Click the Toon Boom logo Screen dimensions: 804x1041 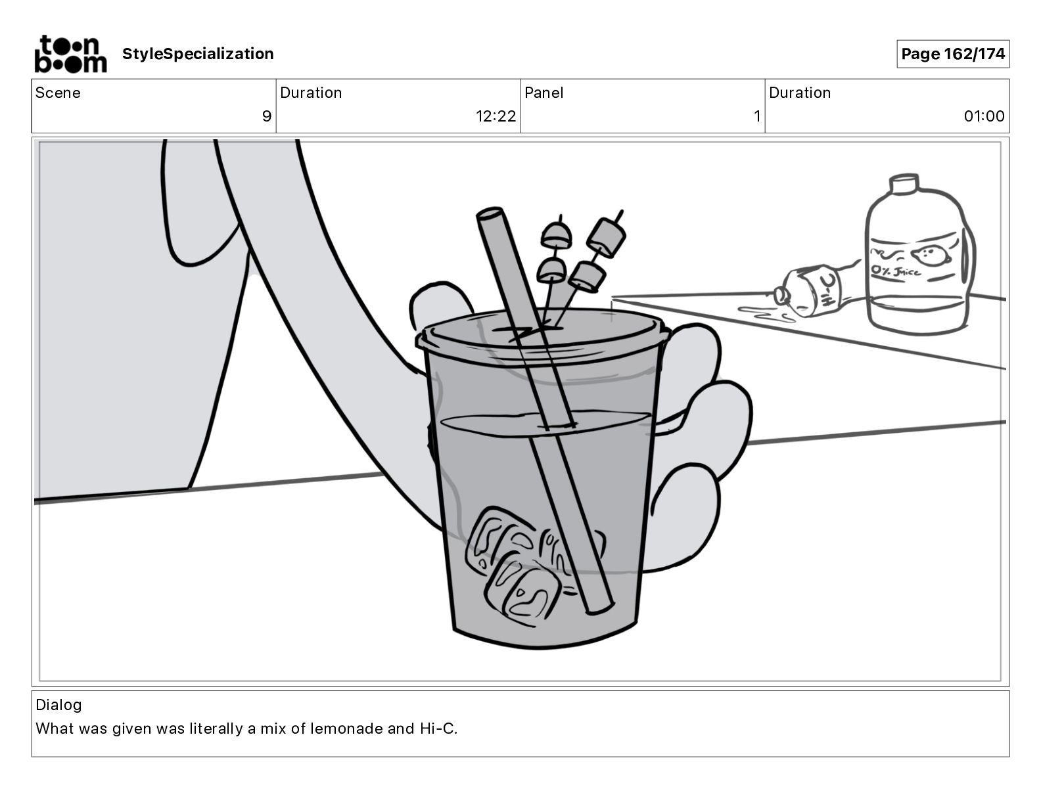coord(70,54)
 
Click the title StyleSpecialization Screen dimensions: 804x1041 coord(198,54)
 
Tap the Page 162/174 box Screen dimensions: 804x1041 coord(952,54)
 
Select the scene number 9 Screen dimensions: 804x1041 coord(266,116)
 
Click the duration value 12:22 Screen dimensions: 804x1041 coord(496,116)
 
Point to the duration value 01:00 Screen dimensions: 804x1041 coord(984,116)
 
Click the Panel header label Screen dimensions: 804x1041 coord(544,93)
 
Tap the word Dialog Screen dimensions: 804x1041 coord(58,705)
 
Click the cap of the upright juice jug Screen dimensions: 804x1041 coord(903,183)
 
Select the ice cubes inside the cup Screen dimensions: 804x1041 coord(519,565)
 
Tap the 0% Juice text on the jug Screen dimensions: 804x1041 coord(896,270)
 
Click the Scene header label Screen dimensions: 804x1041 coord(58,93)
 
